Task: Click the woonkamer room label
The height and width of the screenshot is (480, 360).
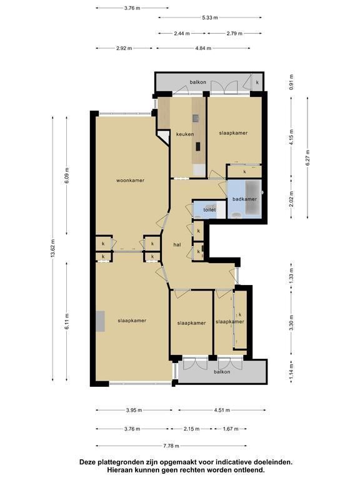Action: (130, 181)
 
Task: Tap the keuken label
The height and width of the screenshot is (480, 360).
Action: (185, 134)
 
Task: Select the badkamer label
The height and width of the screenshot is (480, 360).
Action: (244, 199)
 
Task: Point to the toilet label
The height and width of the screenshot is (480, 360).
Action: (209, 210)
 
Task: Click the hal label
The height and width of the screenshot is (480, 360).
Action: (177, 245)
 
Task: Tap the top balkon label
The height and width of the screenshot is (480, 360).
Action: (197, 82)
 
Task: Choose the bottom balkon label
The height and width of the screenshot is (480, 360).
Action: (222, 372)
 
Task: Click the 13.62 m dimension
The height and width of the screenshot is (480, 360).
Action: (53, 248)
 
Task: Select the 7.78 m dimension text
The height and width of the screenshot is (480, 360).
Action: (171, 446)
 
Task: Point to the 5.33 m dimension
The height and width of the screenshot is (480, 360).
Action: (210, 17)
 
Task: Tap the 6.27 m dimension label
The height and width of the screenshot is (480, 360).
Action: (307, 157)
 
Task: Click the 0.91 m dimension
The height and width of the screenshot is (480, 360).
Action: (291, 82)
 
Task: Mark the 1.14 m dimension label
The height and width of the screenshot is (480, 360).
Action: (291, 371)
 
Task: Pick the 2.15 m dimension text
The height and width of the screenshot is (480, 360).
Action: (192, 429)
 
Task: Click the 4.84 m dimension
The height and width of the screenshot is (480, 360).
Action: (203, 48)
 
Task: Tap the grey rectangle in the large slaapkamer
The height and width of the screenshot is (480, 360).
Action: (101, 321)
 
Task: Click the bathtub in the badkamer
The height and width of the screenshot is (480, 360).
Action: (252, 197)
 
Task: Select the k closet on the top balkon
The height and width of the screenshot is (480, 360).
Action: (257, 82)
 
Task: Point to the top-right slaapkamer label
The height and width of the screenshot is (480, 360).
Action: (233, 133)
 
